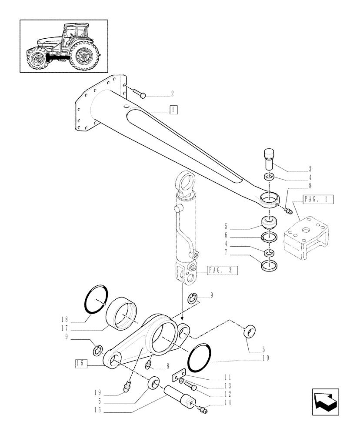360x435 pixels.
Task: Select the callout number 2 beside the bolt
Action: pos(172,94)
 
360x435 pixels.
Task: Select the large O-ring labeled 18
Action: pos(96,298)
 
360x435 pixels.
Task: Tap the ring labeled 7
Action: pos(269,265)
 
